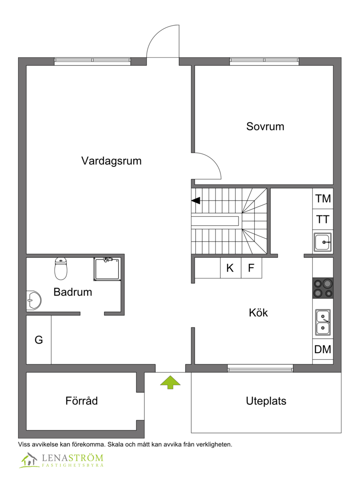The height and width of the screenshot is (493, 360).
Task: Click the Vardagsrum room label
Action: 111,161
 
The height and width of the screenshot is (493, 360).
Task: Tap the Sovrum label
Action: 265,126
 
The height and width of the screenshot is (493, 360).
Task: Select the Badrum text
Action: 72,292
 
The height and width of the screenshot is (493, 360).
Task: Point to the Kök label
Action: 258,313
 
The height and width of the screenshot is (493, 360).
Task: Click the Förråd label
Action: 81,401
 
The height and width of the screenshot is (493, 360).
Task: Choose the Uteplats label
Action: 266,401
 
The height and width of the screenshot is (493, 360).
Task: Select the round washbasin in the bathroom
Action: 34,299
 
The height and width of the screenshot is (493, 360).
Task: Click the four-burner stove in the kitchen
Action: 323,288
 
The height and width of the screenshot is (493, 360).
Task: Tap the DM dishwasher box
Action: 323,349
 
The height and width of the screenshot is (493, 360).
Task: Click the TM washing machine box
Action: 323,198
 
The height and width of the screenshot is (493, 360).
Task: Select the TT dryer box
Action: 323,220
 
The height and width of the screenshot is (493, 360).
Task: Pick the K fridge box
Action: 230,269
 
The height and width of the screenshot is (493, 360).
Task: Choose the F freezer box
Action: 251,269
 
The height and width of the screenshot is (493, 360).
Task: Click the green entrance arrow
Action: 170,382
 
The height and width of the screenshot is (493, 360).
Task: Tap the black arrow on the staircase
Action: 196,201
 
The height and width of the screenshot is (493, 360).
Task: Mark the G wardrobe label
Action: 39,340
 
